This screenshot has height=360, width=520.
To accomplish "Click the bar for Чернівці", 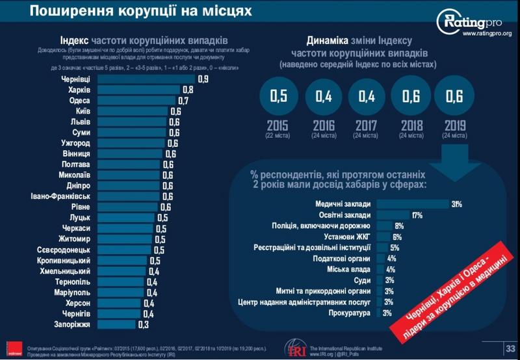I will (146, 79).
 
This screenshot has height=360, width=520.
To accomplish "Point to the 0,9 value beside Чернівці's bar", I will (203, 79).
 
